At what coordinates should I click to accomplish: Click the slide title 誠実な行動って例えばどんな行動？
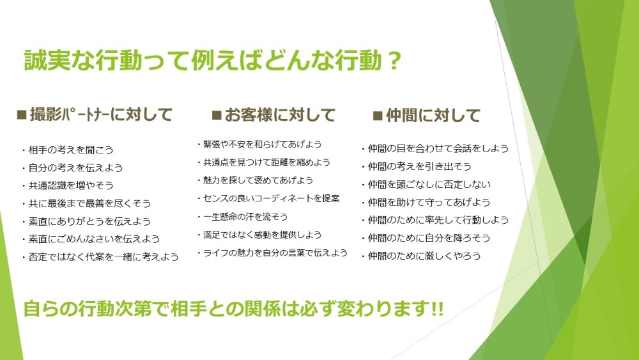point(213,60)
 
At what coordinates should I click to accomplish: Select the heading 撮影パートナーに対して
point(101,114)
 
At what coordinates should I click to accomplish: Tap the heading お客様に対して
point(280,115)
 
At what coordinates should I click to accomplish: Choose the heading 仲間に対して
point(433,115)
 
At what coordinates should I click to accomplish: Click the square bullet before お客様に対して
point(217,116)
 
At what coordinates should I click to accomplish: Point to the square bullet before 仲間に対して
point(378,116)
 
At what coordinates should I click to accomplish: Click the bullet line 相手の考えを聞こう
point(68,150)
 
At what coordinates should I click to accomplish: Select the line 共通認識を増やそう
point(68,185)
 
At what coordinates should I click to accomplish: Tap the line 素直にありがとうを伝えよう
point(86,221)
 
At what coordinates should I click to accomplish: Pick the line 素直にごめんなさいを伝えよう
point(91,239)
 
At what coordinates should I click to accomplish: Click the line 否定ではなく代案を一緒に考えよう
point(100,257)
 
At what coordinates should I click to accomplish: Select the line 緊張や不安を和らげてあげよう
point(259,145)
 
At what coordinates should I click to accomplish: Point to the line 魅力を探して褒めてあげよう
point(255,180)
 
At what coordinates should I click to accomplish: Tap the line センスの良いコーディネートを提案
point(268,199)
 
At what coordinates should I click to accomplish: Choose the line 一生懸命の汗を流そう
point(242,217)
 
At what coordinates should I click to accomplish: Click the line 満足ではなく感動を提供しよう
point(259,235)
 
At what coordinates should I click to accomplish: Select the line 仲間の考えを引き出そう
point(417,166)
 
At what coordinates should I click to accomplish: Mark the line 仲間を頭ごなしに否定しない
point(426,185)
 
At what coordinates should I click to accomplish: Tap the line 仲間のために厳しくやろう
point(421,256)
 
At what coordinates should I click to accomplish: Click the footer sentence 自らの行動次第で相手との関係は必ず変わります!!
point(233,309)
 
